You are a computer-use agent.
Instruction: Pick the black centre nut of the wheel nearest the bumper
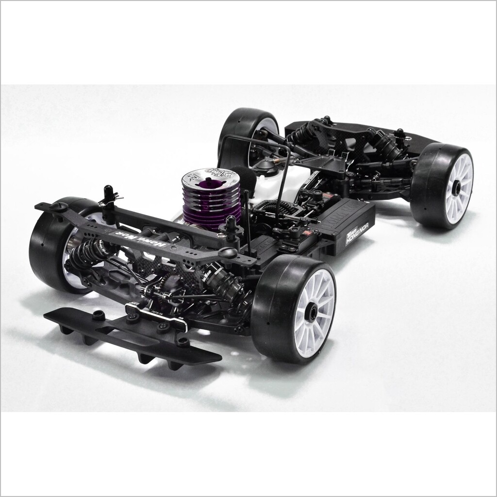click(x=313, y=309)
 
